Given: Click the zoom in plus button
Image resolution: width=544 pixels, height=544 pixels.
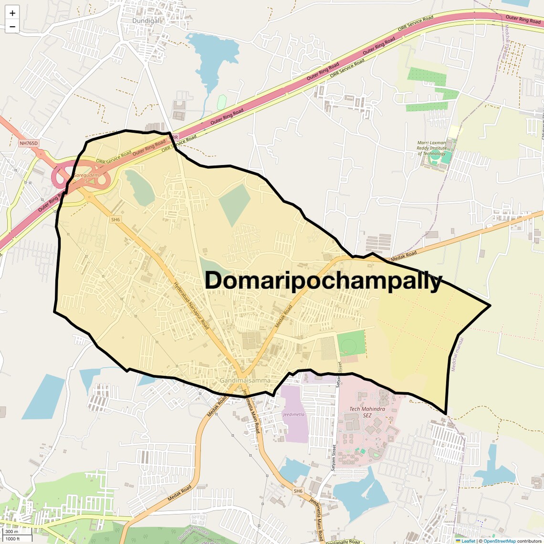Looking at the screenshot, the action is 12,13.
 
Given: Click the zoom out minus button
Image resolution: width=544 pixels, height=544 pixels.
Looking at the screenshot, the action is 12,27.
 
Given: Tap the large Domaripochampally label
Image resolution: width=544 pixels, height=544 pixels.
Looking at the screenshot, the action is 324,281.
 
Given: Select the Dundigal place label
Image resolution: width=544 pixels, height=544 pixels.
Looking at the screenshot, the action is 146,21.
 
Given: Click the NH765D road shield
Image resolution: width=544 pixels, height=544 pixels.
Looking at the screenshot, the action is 29,143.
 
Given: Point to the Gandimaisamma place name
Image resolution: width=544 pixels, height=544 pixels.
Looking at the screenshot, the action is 245,380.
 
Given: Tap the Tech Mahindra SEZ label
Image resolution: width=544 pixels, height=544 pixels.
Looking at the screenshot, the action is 367,412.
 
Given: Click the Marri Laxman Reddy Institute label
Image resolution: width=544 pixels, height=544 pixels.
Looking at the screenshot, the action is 431,148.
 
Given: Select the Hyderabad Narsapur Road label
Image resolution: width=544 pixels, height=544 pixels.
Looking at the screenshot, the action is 191,305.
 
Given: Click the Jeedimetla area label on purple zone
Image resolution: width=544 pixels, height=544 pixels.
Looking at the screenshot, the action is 293,414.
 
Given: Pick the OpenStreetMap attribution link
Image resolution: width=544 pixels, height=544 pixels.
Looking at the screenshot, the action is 499,541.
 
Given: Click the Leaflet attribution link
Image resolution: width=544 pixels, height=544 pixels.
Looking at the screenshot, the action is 468,541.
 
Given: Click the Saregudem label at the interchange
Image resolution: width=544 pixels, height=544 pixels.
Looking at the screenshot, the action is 87,176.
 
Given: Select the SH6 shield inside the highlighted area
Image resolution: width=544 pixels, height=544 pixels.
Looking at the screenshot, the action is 115,220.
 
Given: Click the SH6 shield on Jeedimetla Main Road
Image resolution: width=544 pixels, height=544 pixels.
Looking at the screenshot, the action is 298,491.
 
